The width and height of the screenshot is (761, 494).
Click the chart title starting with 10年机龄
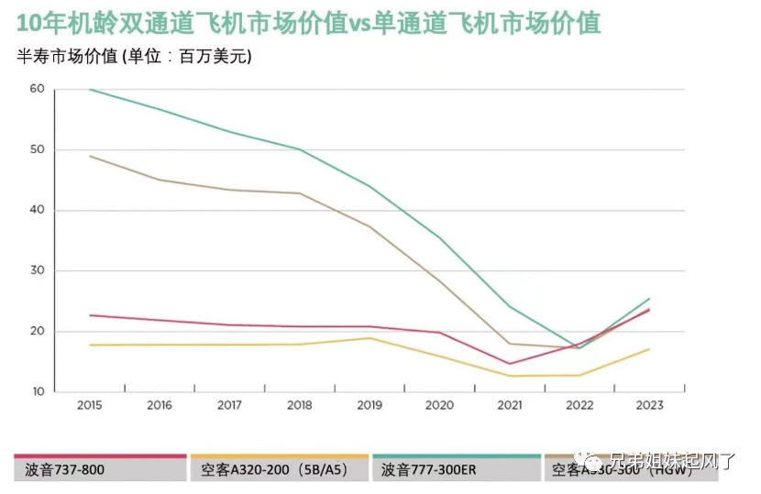point(308,23)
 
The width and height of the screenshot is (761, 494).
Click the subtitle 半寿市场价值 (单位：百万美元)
point(135,57)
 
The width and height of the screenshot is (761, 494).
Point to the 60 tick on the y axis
point(37,89)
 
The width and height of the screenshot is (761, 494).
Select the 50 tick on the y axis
point(37,149)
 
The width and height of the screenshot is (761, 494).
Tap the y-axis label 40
point(37,210)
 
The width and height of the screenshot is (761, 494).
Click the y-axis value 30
point(37,270)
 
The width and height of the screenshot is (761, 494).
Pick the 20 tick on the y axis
point(37,331)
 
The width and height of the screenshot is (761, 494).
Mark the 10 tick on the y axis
point(37,391)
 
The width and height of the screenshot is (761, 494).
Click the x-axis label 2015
point(89,405)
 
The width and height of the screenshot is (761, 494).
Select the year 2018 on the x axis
point(299,405)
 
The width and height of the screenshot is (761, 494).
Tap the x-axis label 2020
point(439,405)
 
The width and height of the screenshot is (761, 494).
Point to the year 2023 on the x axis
point(649,405)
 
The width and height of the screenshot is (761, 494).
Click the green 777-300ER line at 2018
point(299,149)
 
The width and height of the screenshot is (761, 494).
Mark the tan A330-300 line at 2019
point(369,226)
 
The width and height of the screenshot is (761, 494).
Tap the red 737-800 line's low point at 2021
point(510,364)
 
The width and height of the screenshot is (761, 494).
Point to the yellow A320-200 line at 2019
point(369,338)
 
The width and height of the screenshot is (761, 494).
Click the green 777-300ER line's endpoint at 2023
point(649,299)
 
